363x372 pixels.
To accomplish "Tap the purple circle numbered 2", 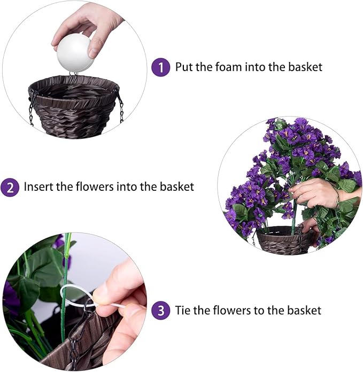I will point(10,187).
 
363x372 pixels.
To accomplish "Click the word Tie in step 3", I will point(183,310).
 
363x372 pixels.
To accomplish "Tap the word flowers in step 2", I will point(88,187).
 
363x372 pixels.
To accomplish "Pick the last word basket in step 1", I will point(307,67).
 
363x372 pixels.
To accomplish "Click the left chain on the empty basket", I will point(32,107).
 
